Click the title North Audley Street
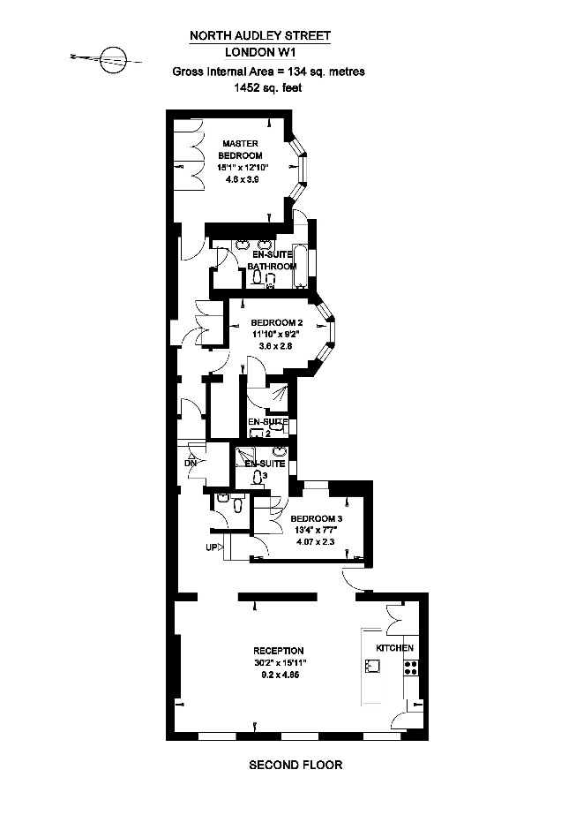pos(260,36)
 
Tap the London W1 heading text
pos(260,52)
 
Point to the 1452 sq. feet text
pos(260,87)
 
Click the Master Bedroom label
pos(241,148)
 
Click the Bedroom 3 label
pos(317,518)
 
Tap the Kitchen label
pos(394,648)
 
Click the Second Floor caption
pos(295,765)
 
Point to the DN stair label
pos(190,462)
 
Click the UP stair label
pos(212,548)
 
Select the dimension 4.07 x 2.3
pos(317,543)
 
